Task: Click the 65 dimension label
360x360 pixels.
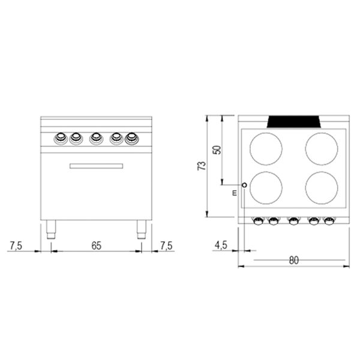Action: [96, 245]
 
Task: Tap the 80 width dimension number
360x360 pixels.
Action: [294, 260]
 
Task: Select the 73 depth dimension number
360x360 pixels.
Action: [202, 166]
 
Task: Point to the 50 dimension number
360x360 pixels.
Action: [217, 150]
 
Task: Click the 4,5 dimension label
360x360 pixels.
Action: [221, 245]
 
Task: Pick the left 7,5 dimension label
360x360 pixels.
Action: [16, 245]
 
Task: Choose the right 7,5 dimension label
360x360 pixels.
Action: [166, 245]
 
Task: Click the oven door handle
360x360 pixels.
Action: [96, 166]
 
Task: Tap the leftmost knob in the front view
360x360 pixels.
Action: [61, 139]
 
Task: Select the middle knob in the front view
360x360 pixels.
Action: [96, 139]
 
